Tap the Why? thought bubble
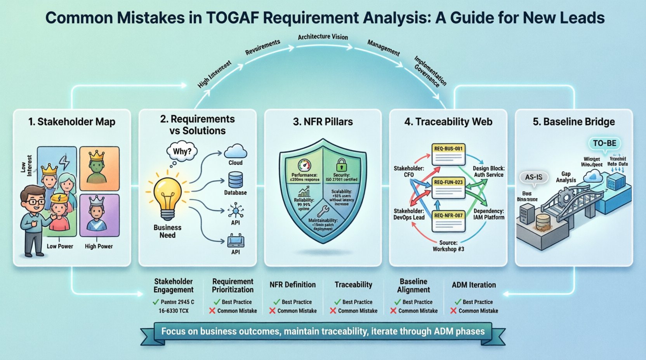[182, 151]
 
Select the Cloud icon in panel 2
[235, 151]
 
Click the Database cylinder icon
[235, 180]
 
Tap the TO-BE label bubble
[604, 143]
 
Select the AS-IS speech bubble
[533, 177]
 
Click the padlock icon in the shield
[341, 164]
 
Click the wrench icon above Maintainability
[323, 211]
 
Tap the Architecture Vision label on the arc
[323, 37]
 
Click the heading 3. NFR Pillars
[323, 122]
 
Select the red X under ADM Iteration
[453, 311]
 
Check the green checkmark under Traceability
[337, 302]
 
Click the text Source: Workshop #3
[448, 246]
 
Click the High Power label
[99, 246]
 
